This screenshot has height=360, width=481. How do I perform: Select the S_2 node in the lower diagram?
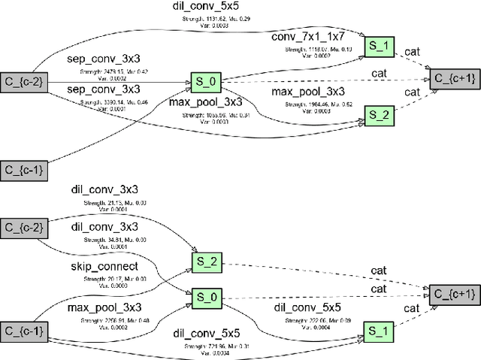[x=205, y=262]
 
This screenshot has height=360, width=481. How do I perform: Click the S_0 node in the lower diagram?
[x=205, y=297]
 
